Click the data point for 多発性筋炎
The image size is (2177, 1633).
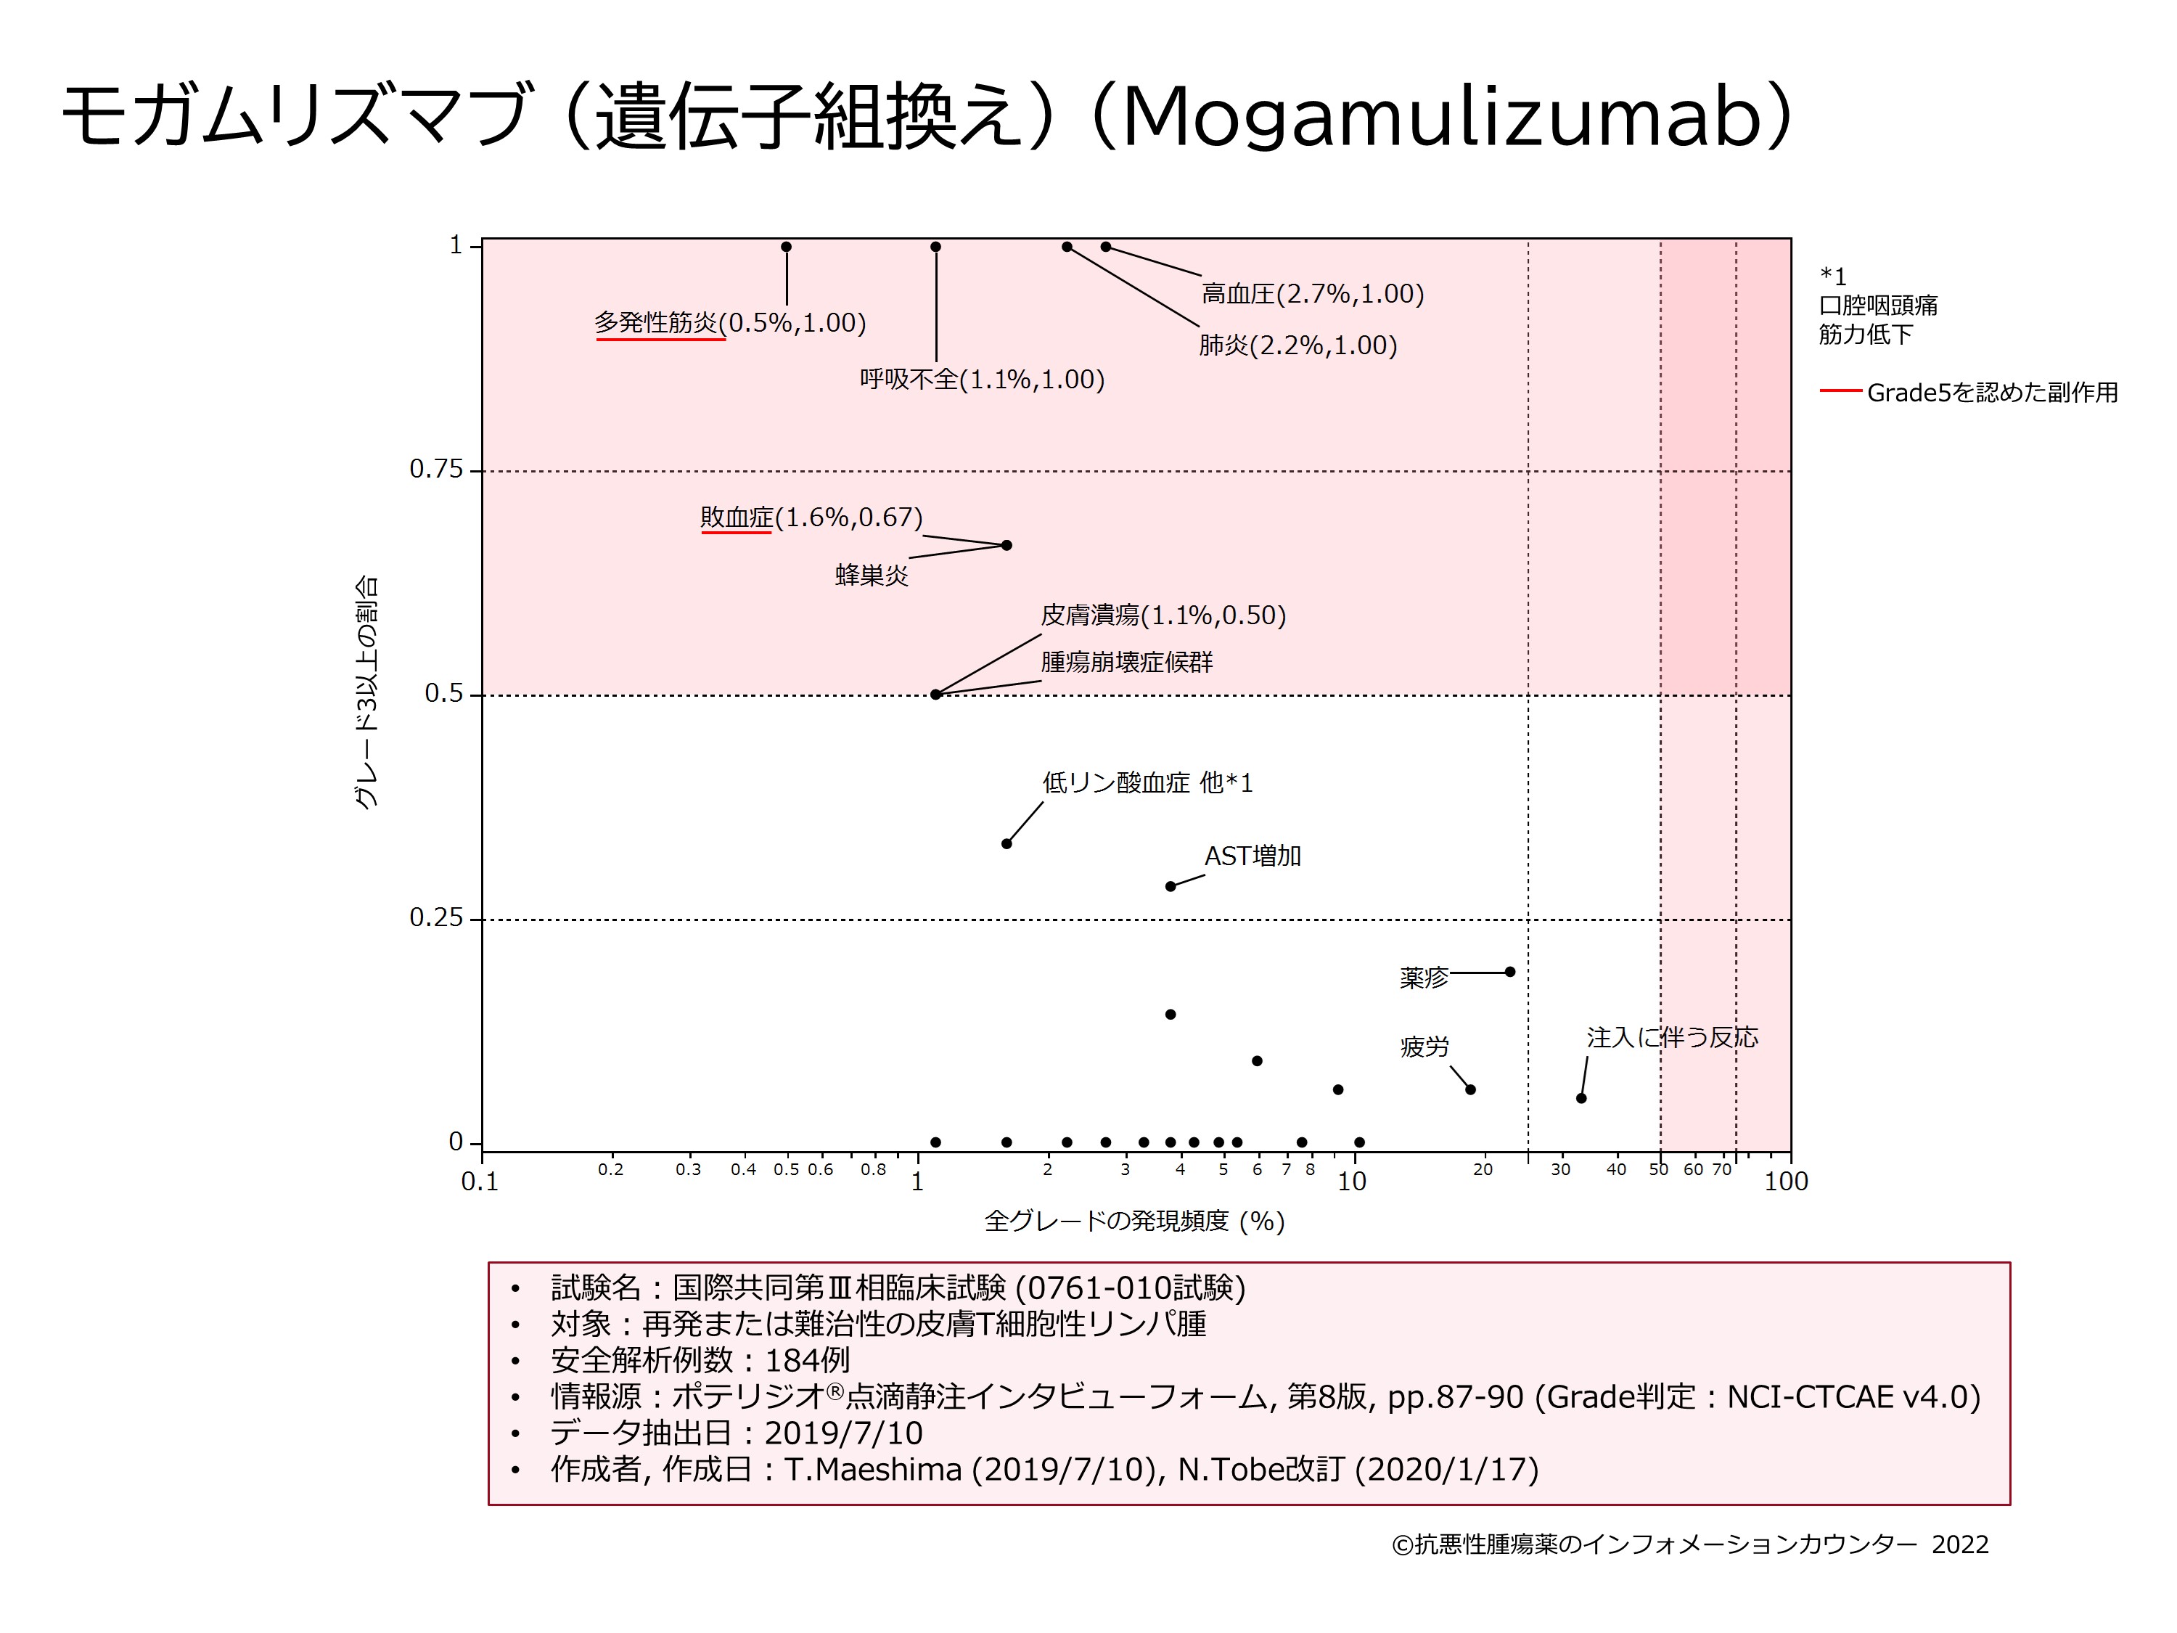pos(787,247)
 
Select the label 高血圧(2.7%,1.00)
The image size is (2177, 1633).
pos(1312,293)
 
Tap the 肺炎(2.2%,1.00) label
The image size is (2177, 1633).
pos(1297,345)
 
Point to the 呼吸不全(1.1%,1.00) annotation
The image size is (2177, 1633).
pos(981,379)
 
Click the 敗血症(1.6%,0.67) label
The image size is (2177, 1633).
pos(811,517)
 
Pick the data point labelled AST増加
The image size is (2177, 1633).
pos(1171,886)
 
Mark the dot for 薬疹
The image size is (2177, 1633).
pos(1509,972)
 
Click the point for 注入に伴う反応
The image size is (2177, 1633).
pos(1581,1097)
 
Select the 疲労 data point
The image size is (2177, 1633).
pos(1470,1089)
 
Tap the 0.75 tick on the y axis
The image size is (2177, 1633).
pos(436,470)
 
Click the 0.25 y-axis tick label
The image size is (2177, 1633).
pos(436,917)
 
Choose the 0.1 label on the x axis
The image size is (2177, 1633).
pos(480,1181)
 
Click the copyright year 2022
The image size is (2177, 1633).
pos(1959,1544)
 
